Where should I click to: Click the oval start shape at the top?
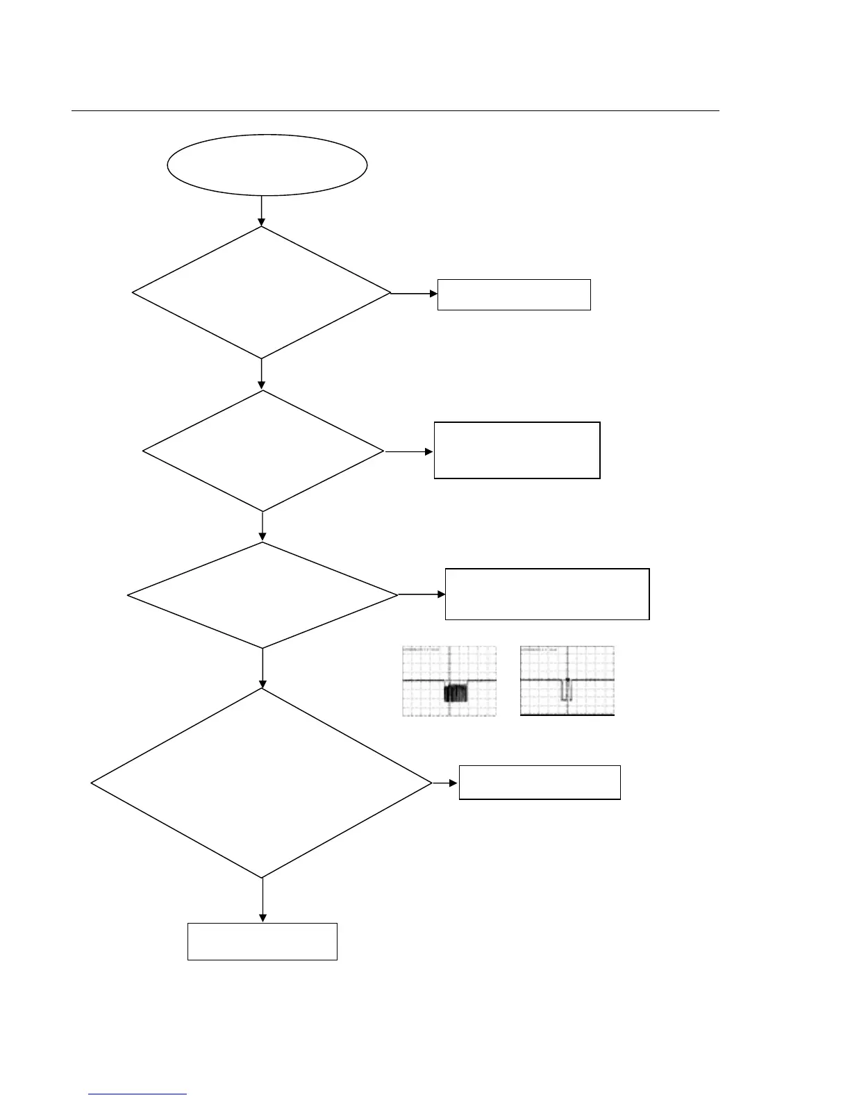[x=267, y=165]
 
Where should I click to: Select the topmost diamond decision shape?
[x=262, y=293]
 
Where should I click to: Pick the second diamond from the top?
[x=263, y=451]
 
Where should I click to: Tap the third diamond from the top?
[x=263, y=595]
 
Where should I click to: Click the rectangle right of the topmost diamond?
[x=514, y=294]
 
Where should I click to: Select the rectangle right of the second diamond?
[x=517, y=450]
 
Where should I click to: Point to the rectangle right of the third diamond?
[x=547, y=594]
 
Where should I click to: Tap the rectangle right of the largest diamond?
[x=540, y=783]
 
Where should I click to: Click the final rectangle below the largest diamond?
[x=262, y=942]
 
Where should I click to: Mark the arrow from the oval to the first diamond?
[x=262, y=211]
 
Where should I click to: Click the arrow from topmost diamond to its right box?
[x=414, y=294]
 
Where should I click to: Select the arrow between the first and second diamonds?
[x=262, y=374]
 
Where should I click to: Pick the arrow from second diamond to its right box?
[x=409, y=451]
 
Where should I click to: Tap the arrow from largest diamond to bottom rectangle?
[x=262, y=901]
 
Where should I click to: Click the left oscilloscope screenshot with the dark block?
[x=449, y=681]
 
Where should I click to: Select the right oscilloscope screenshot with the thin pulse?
[x=567, y=681]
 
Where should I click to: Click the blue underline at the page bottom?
[x=137, y=1094]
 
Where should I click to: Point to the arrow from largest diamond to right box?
[x=445, y=783]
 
